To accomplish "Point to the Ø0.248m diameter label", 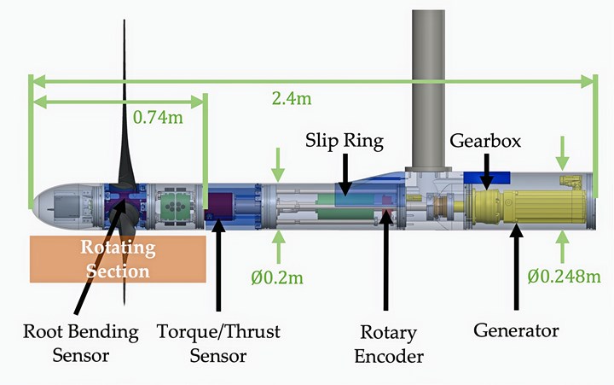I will pos(565,277).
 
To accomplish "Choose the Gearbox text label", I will pos(485,139).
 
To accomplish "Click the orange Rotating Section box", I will pos(117,259).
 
